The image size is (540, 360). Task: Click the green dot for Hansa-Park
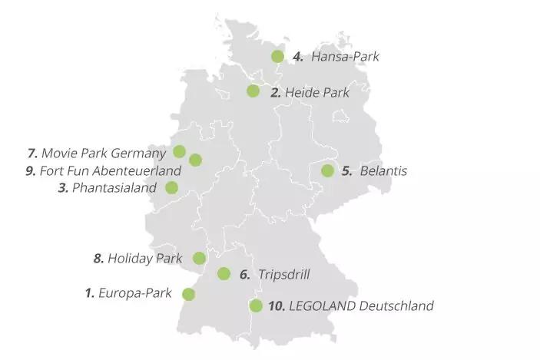[277, 56]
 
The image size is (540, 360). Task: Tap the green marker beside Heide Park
[253, 91]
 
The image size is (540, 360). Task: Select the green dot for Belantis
[327, 170]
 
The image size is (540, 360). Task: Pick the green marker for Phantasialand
[171, 187]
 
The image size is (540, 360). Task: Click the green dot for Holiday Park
[199, 258]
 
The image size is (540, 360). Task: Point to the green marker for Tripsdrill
[224, 273]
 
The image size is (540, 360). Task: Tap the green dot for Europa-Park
[187, 293]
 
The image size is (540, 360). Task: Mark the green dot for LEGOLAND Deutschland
[256, 306]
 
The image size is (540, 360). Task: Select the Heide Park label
[316, 92]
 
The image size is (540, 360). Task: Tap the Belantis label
[383, 170]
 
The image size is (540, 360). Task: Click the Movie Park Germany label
[103, 152]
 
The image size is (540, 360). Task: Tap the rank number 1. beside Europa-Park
[89, 292]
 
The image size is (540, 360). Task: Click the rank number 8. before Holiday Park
[98, 258]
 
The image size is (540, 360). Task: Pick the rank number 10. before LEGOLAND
[277, 306]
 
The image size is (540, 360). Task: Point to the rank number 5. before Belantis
[346, 170]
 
